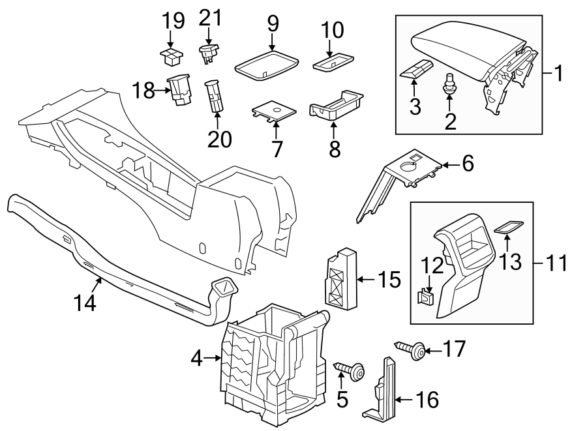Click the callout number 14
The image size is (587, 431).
coord(85,303)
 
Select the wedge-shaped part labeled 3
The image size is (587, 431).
coord(416,70)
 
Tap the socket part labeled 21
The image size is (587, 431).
coord(209,52)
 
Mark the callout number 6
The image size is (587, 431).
coord(468,164)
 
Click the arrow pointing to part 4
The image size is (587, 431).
coord(214,357)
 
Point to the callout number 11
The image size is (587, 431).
coord(555,264)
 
